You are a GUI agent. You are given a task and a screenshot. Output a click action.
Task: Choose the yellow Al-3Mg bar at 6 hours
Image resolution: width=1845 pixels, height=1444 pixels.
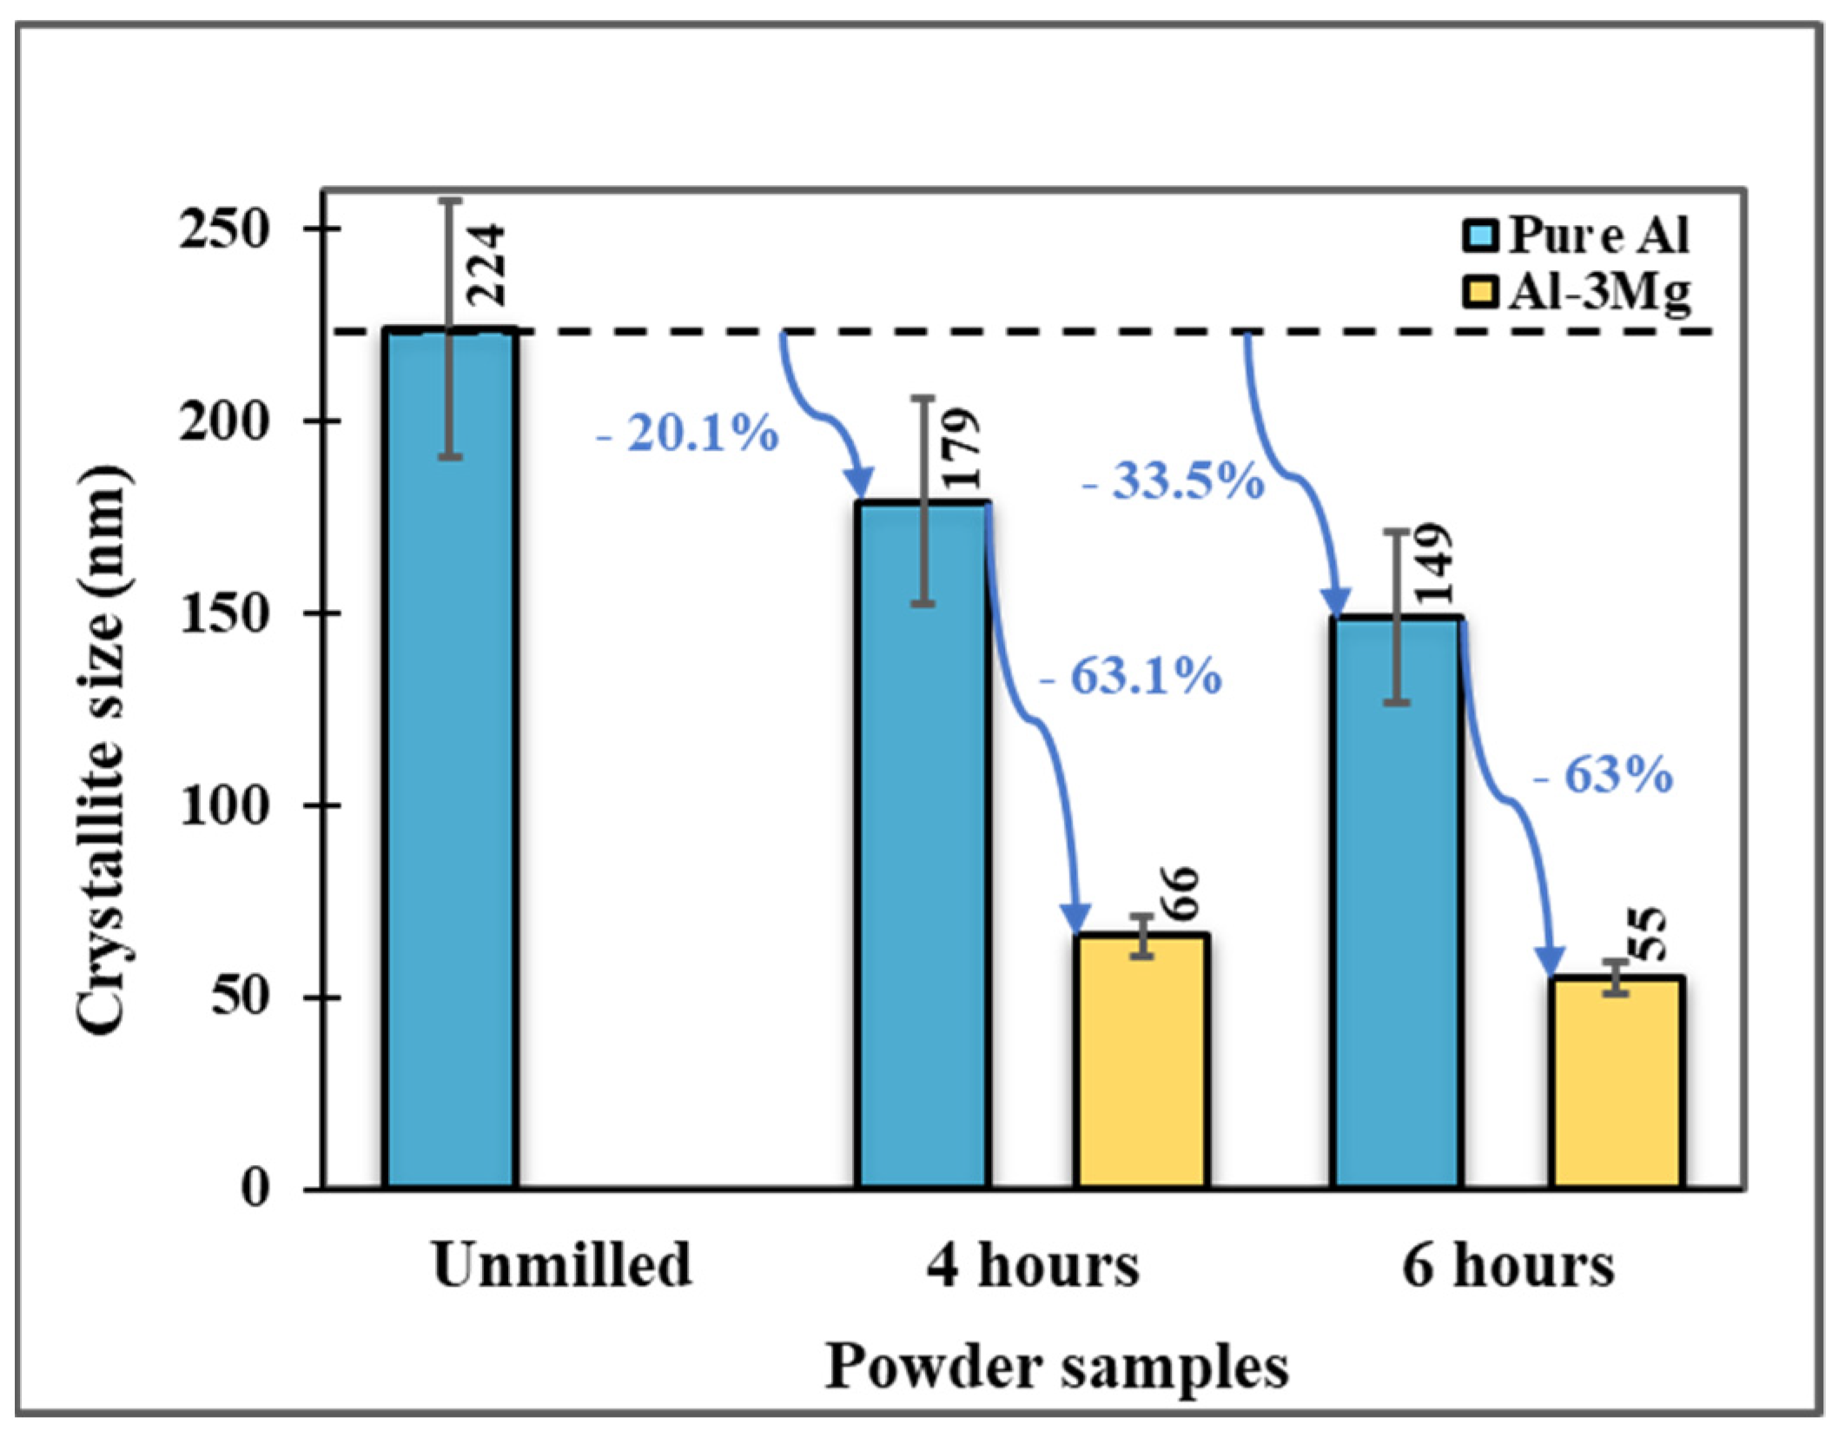[1617, 1086]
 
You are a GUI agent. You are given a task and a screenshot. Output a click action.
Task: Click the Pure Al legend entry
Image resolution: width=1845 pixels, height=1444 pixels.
[1577, 235]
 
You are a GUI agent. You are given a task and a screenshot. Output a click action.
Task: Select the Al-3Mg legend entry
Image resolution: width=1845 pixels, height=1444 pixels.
[1577, 293]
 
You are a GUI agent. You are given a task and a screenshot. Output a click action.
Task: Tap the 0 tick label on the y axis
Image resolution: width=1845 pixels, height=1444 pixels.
[255, 1188]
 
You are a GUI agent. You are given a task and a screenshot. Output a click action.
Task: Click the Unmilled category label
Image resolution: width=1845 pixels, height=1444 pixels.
[562, 1266]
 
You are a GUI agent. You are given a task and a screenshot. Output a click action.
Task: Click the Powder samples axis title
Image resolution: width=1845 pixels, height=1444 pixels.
[1055, 1367]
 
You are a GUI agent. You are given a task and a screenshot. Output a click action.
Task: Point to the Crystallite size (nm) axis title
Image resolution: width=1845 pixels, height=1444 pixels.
[102, 752]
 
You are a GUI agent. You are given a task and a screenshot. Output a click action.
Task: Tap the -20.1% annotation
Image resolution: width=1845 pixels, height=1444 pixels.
[686, 433]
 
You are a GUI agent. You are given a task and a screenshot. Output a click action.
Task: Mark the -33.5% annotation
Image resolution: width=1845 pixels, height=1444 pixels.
[1173, 480]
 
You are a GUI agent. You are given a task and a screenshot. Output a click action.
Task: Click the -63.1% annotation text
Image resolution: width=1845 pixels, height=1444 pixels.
[1130, 676]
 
